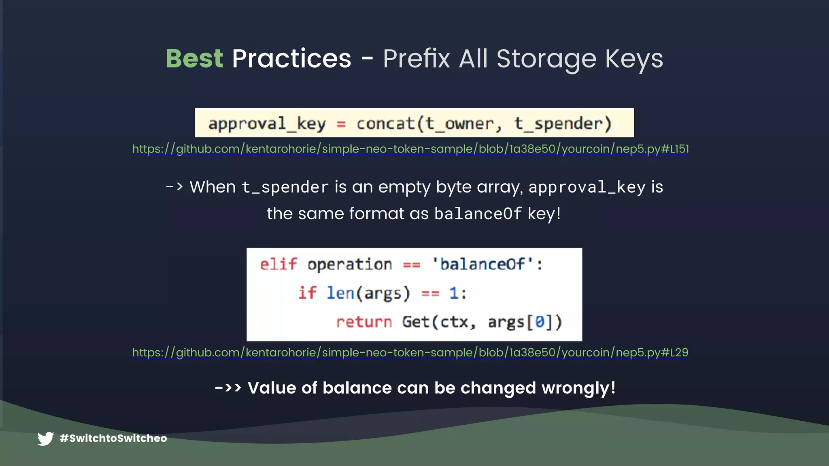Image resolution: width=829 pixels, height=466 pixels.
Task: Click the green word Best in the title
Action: [194, 59]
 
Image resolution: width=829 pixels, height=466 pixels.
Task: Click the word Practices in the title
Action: [291, 59]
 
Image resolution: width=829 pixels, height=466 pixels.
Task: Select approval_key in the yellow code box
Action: [267, 124]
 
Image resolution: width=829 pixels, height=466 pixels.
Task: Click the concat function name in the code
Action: [385, 124]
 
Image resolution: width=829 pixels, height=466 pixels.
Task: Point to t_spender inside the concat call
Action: [559, 124]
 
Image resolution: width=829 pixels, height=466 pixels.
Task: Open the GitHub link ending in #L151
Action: [410, 149]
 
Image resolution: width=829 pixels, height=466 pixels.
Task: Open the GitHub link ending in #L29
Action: [410, 352]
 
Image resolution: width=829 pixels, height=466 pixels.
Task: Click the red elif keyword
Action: [278, 265]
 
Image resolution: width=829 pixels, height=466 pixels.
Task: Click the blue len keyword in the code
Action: [340, 293]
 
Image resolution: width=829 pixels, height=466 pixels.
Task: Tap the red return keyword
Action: [364, 322]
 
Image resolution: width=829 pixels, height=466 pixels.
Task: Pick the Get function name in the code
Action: [416, 322]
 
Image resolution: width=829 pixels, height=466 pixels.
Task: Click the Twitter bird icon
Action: [46, 438]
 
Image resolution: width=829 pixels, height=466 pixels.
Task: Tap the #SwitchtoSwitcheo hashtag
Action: [113, 438]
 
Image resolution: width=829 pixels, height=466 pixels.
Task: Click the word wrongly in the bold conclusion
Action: [578, 388]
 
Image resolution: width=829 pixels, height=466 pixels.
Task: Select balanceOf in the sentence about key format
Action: [478, 214]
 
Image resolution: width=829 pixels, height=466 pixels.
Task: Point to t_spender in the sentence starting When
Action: [285, 187]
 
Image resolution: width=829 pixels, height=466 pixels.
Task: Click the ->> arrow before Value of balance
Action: [228, 388]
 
